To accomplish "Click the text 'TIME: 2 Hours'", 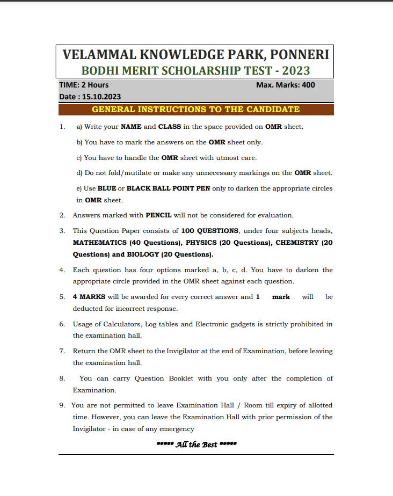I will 84,85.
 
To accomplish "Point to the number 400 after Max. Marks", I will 309,85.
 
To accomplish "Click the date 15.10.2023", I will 101,97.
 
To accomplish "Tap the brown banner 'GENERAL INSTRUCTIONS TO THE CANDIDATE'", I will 196,110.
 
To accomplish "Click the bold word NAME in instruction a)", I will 131,127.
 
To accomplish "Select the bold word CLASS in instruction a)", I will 170,127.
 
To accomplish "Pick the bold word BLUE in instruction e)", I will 107,188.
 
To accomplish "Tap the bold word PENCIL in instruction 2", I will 158,215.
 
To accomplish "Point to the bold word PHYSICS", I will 202,243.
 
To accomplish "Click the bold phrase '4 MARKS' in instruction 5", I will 89,297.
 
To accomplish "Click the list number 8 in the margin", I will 62,378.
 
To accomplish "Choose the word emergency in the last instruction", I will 177,429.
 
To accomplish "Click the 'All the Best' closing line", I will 196,444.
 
